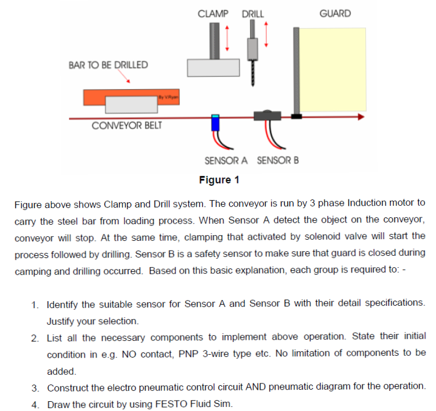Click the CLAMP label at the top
tap(213, 13)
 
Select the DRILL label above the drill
tap(253, 13)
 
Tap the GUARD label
tap(334, 13)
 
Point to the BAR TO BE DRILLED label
tap(108, 65)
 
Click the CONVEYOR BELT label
tap(126, 126)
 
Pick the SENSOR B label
tap(277, 160)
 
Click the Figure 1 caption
tap(219, 180)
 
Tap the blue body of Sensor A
tap(215, 122)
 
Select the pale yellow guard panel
tap(334, 69)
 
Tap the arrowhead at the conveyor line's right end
tap(360, 117)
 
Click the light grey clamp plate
tap(213, 67)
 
